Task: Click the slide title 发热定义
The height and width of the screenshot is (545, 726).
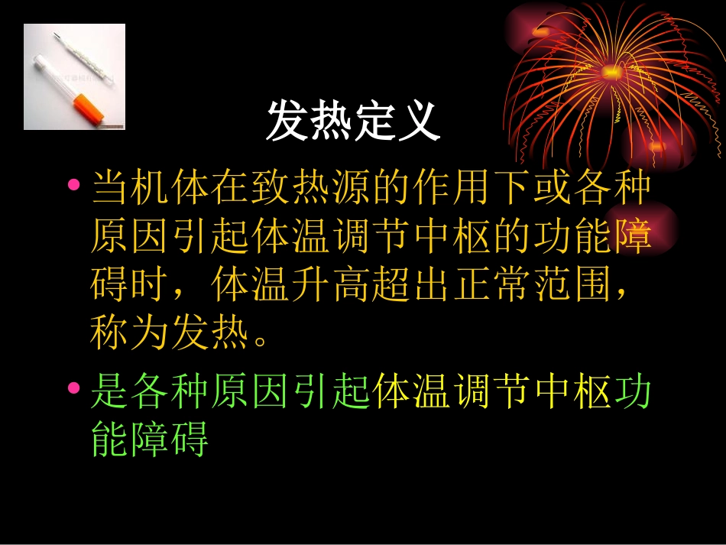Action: coord(353,122)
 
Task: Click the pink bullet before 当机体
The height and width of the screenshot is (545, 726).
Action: coord(74,185)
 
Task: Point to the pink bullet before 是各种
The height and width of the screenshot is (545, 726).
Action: coord(74,388)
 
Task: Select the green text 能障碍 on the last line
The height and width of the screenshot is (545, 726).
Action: coord(150,440)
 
